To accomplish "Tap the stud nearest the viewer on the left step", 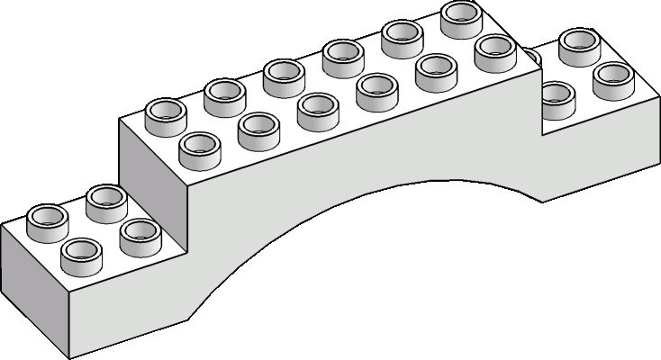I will [x=79, y=254].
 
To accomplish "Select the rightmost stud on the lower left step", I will [x=138, y=231].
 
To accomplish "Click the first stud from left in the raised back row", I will [x=164, y=112].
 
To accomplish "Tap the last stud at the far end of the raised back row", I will [x=461, y=14].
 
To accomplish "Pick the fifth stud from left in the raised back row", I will [x=401, y=34].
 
